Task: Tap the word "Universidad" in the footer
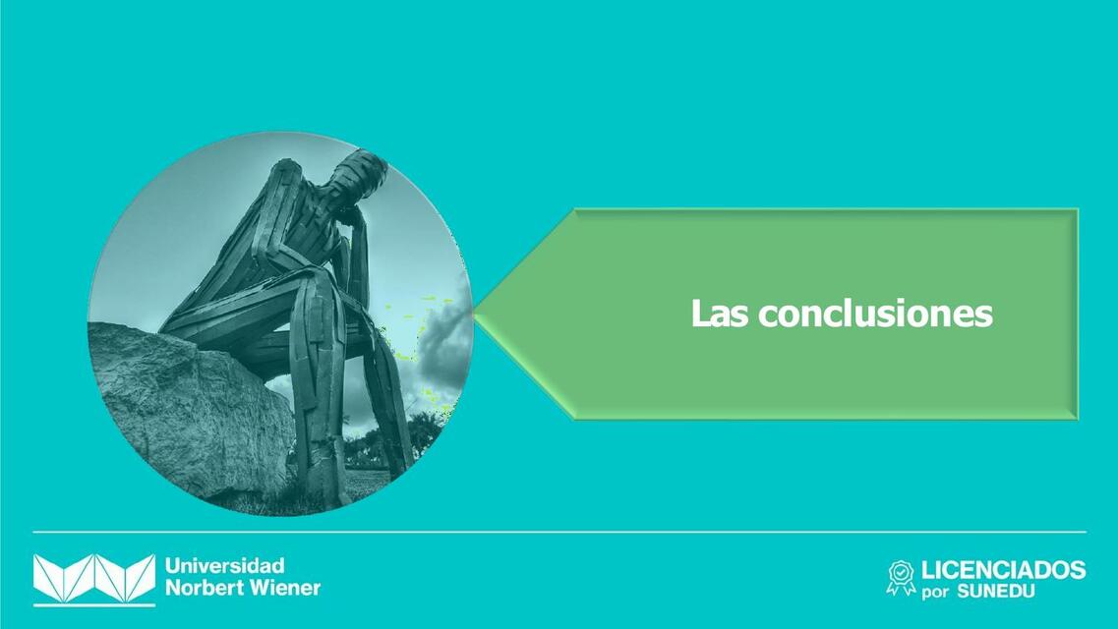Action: (225, 566)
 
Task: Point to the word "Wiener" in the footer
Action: (285, 589)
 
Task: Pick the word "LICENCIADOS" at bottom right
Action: (1003, 570)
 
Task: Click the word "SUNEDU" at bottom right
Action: (996, 592)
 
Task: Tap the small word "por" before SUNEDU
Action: (935, 593)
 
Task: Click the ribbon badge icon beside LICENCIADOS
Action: (900, 578)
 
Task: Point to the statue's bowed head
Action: (355, 177)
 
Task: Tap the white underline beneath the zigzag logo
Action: (94, 604)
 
